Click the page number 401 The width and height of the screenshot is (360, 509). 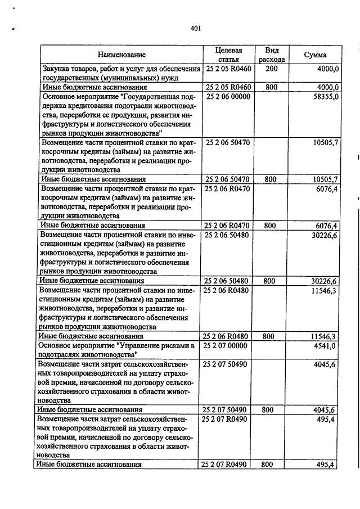click(x=196, y=29)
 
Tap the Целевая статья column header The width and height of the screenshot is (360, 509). click(x=228, y=55)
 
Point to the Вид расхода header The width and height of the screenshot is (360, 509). click(x=272, y=55)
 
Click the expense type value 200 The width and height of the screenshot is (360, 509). click(x=272, y=69)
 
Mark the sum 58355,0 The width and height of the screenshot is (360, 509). click(x=325, y=97)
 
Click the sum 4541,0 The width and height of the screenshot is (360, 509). click(x=326, y=345)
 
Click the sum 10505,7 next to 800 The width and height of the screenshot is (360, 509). click(x=325, y=179)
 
